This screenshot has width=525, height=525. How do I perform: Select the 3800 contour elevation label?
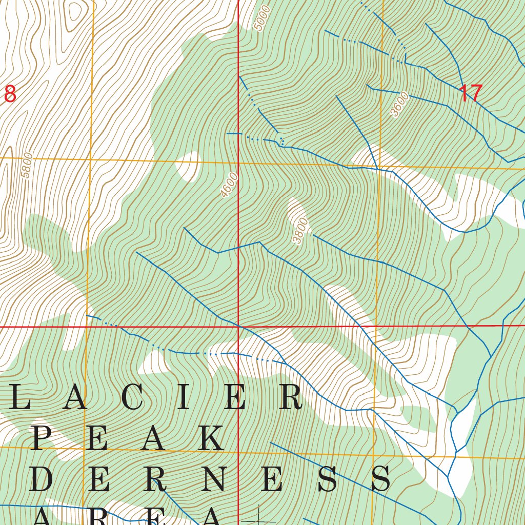pyautogui.click(x=301, y=231)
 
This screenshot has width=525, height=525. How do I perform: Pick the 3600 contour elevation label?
pyautogui.click(x=400, y=105)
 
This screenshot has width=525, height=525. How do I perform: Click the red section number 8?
pyautogui.click(x=10, y=94)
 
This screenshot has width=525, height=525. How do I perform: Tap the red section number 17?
pyautogui.click(x=470, y=94)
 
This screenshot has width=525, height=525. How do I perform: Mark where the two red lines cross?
pyautogui.click(x=239, y=326)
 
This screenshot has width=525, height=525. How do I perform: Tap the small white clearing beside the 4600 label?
pyautogui.click(x=188, y=166)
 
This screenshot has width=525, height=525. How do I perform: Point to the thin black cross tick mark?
pyautogui.click(x=258, y=515)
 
